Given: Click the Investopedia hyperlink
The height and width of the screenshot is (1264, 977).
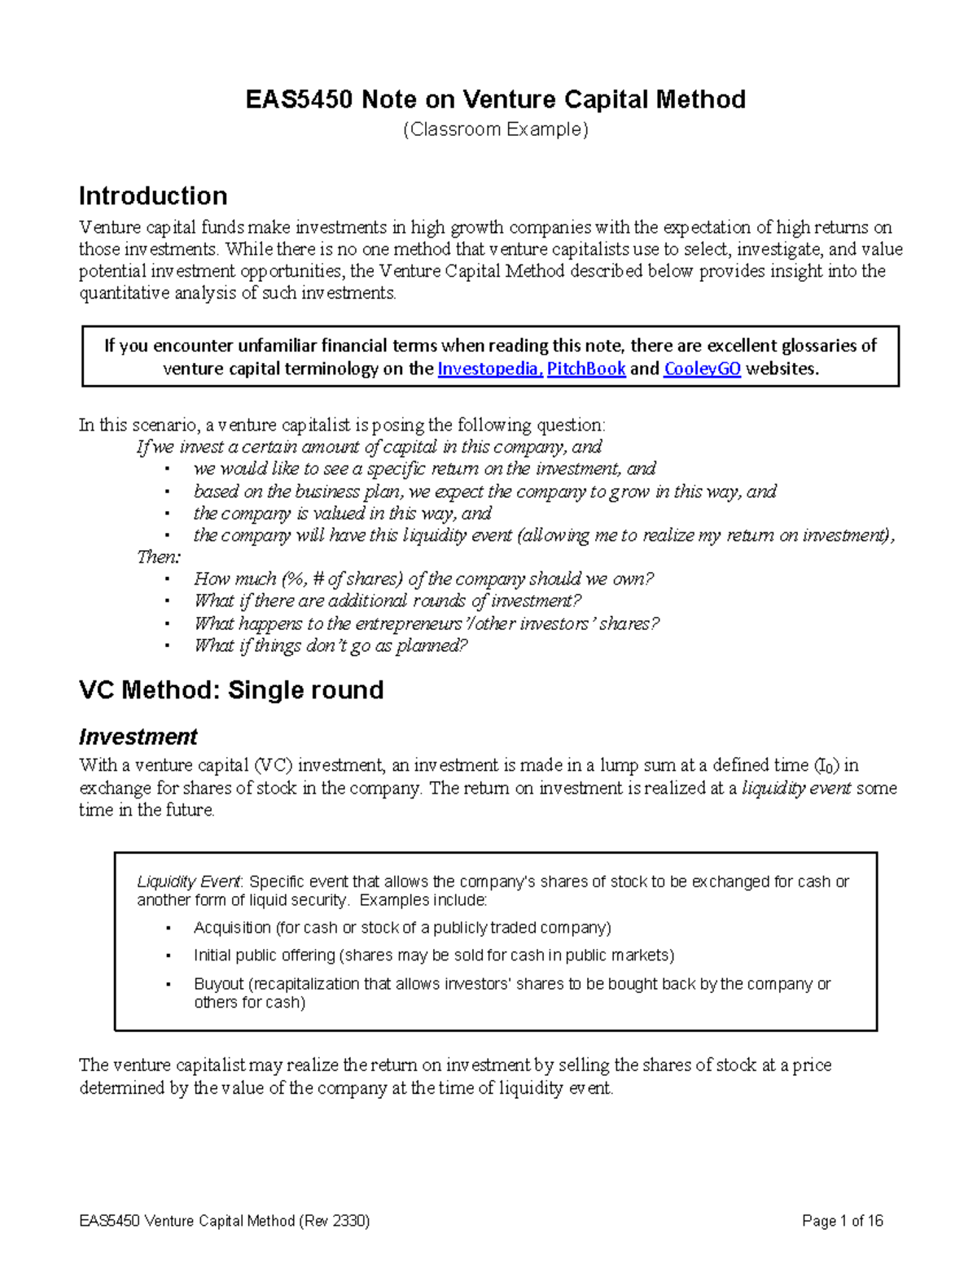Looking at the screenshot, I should (x=488, y=369).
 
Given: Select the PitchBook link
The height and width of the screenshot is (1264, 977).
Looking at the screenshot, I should (x=585, y=369).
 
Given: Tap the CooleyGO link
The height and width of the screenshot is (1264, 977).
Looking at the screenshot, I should (x=702, y=369).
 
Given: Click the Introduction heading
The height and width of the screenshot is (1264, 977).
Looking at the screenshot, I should (x=152, y=196).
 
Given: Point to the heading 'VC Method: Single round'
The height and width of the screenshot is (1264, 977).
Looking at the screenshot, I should (x=231, y=690).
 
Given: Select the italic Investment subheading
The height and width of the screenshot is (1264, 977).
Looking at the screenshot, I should (x=138, y=737).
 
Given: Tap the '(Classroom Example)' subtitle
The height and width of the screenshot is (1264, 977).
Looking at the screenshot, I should (x=496, y=129).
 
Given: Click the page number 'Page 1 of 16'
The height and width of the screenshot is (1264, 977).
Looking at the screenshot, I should (x=842, y=1221).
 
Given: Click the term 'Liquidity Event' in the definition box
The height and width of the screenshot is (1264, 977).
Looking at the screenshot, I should (x=188, y=881).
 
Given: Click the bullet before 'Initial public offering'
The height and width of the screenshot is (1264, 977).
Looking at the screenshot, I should (x=166, y=956).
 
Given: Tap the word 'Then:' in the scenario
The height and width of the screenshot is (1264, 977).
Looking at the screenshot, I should (x=159, y=558).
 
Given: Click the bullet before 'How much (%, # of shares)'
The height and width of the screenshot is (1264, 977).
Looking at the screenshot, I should (x=166, y=580).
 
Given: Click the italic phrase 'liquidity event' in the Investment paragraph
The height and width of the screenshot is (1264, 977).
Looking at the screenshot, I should (x=796, y=788).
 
